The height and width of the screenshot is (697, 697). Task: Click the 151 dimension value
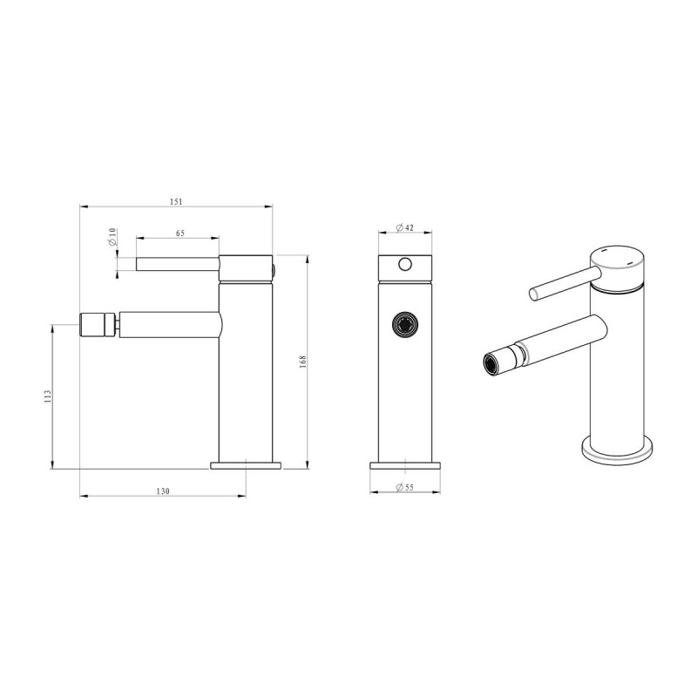pyautogui.click(x=176, y=202)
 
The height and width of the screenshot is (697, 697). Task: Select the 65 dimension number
pyautogui.click(x=180, y=233)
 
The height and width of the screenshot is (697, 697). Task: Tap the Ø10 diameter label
pyautogui.click(x=112, y=237)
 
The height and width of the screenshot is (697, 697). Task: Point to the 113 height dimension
pyautogui.click(x=48, y=396)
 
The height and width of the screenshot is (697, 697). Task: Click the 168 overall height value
pyautogui.click(x=303, y=362)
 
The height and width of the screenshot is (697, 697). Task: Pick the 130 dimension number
pyautogui.click(x=163, y=491)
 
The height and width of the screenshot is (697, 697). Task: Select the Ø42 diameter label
pyautogui.click(x=404, y=227)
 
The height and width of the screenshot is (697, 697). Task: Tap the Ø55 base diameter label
pyautogui.click(x=404, y=487)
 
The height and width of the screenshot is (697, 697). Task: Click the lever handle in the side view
pyautogui.click(x=178, y=264)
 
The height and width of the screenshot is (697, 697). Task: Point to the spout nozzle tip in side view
pyautogui.click(x=98, y=325)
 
